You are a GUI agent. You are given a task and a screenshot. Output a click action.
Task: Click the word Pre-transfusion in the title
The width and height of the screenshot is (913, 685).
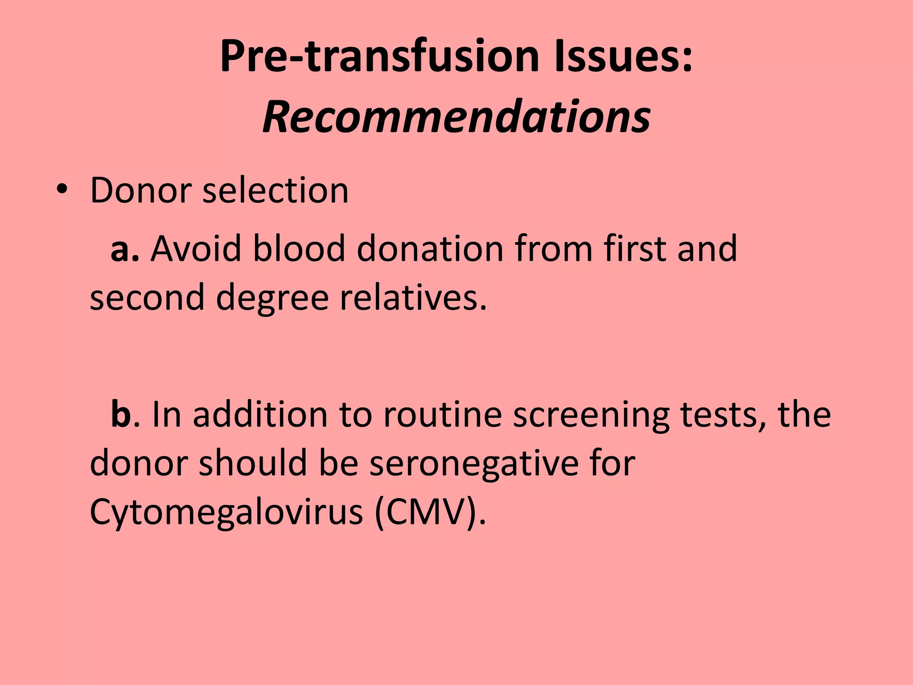(x=379, y=57)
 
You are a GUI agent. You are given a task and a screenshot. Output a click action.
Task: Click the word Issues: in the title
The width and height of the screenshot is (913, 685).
(x=623, y=57)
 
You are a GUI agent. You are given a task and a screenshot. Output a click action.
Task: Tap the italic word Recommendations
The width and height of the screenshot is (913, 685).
(x=456, y=117)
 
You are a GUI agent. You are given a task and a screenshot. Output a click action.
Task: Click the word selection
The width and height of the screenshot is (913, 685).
(x=275, y=190)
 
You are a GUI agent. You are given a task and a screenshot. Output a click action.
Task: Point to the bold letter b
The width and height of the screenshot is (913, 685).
(x=121, y=414)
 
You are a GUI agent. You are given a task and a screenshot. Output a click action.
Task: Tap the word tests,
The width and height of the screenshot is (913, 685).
(x=723, y=415)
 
